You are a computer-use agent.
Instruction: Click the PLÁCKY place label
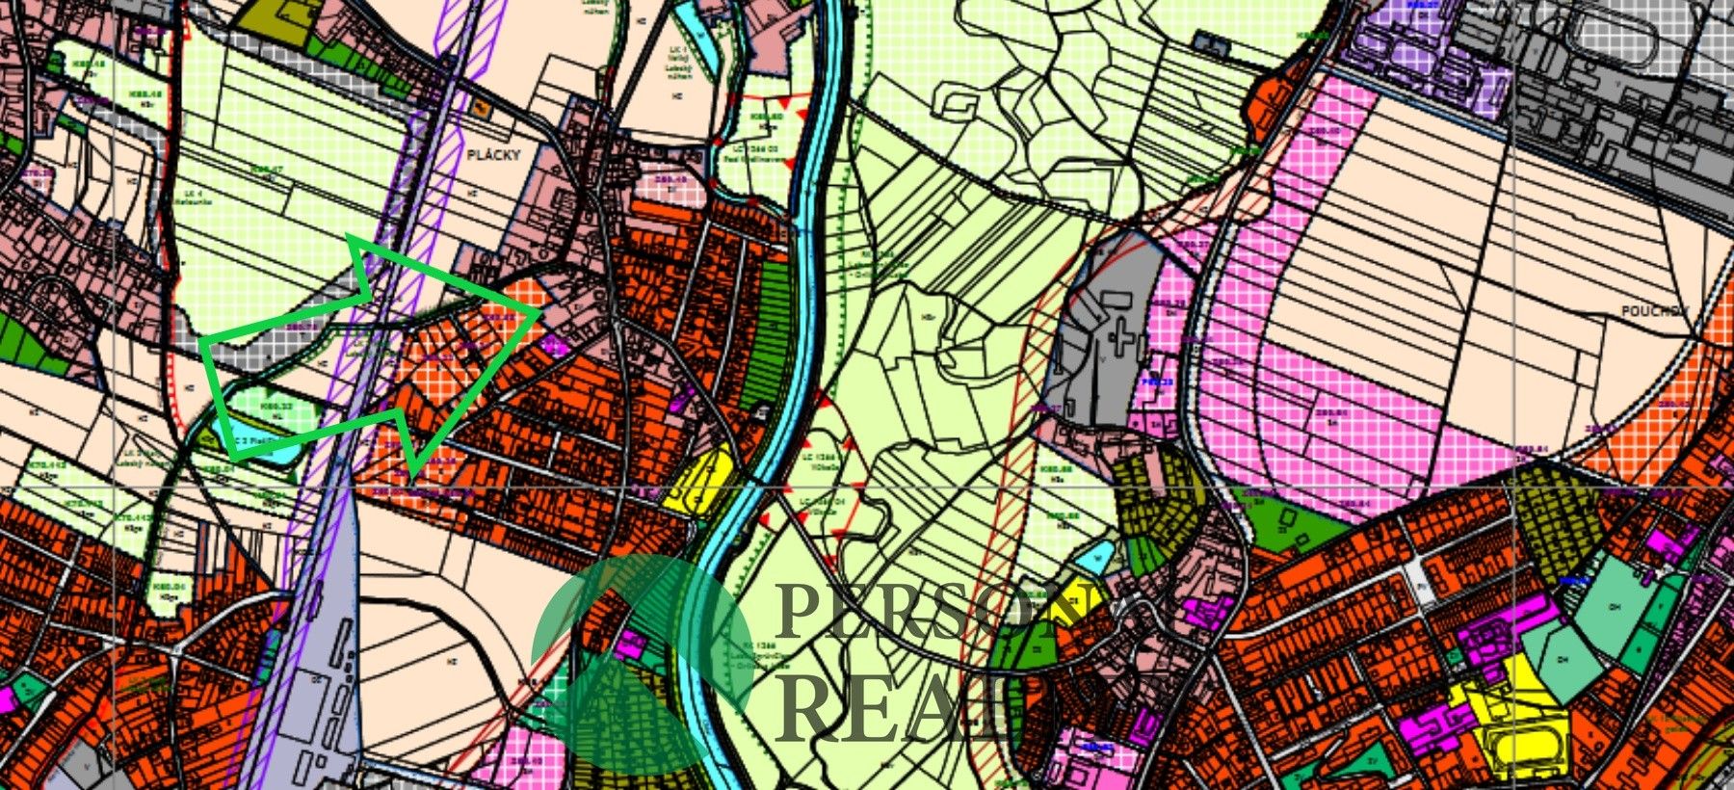(x=492, y=154)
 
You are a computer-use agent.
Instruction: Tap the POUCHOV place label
(x=1655, y=311)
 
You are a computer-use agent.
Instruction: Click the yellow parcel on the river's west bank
(x=700, y=481)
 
